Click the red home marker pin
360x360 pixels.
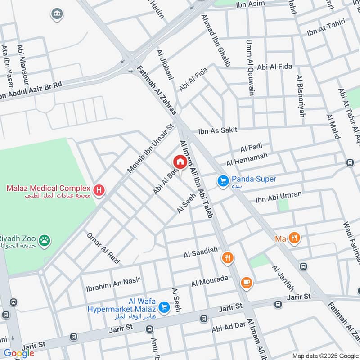180,162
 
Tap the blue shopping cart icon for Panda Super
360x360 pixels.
223,181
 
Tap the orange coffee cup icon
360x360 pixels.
246,282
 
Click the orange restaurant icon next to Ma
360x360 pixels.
294,238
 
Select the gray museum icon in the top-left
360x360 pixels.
57,14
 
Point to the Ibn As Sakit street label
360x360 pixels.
218,130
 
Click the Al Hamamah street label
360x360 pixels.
247,158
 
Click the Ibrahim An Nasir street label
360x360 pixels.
113,283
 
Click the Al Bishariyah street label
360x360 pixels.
300,96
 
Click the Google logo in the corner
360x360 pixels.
18,353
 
